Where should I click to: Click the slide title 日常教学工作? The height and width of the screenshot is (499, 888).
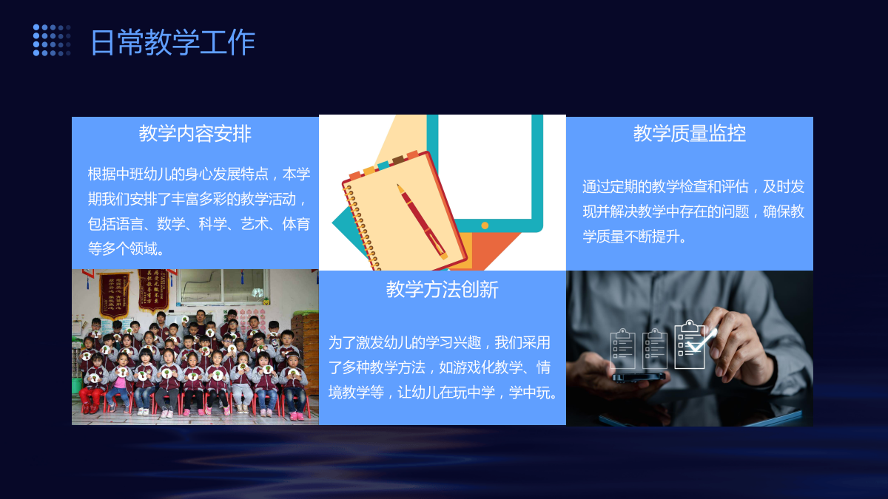pyautogui.click(x=173, y=42)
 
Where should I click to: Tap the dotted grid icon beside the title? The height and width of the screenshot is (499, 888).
pyautogui.click(x=52, y=40)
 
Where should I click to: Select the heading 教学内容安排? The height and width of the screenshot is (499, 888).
pyautogui.click(x=195, y=134)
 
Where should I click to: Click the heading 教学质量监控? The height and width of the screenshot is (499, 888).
pyautogui.click(x=690, y=134)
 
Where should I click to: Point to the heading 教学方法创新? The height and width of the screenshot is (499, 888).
pyautogui.click(x=442, y=290)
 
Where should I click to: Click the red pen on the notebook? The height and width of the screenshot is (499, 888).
pyautogui.click(x=423, y=222)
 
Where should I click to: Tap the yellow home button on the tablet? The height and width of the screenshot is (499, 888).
pyautogui.click(x=485, y=225)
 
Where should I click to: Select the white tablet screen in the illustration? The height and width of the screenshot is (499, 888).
pyautogui.click(x=485, y=166)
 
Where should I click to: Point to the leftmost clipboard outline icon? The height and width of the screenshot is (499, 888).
pyautogui.click(x=622, y=348)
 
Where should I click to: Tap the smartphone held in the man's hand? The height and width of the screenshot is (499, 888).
pyautogui.click(x=639, y=376)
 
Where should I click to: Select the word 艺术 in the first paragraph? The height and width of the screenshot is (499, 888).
pyautogui.click(x=254, y=225)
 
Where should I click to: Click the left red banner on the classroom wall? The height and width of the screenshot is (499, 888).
pyautogui.click(x=114, y=294)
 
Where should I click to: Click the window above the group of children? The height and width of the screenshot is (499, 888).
pyautogui.click(x=222, y=285)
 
